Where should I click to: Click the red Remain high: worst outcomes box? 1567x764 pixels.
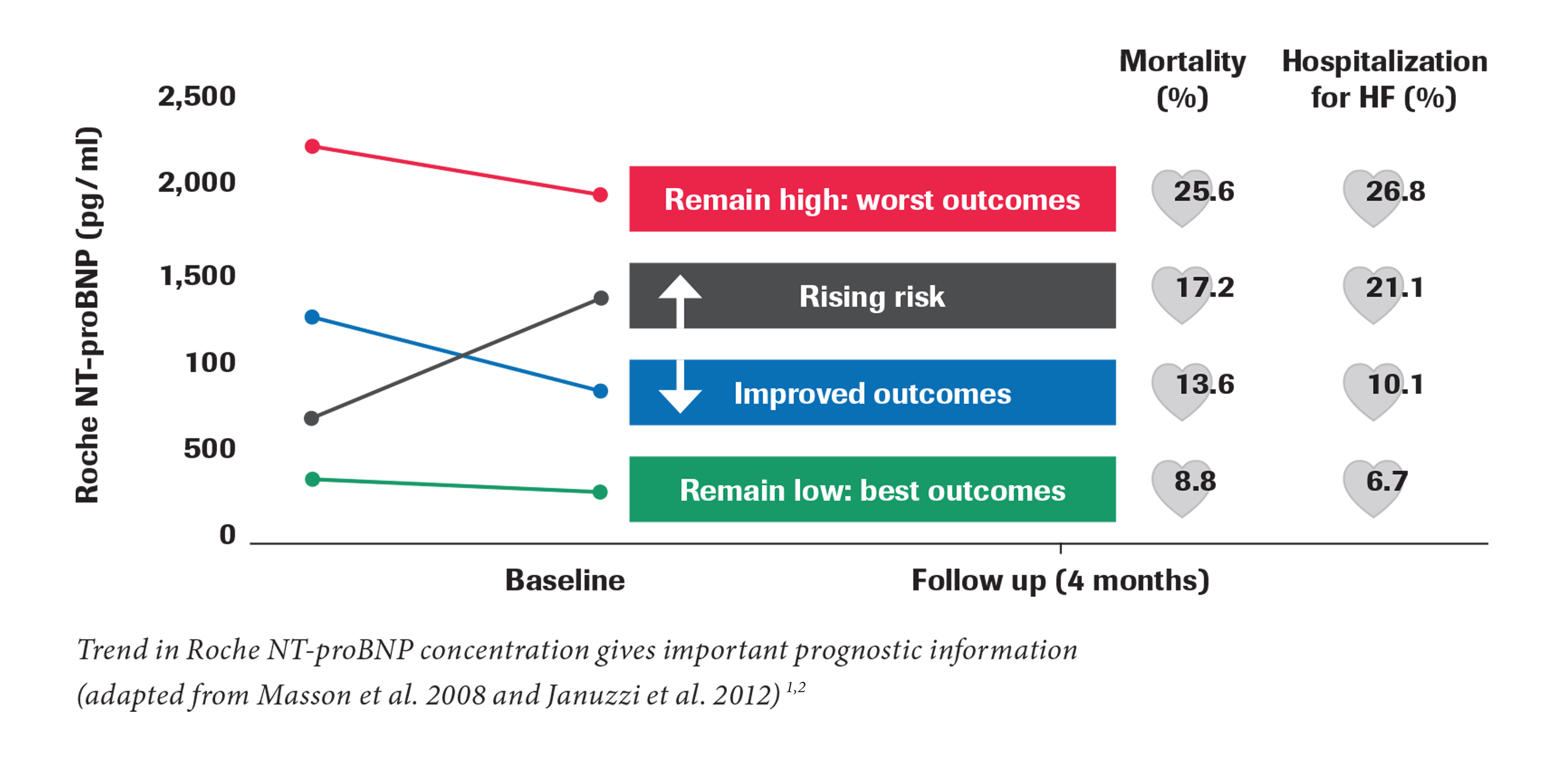point(872,199)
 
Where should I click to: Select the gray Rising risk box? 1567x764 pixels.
point(872,295)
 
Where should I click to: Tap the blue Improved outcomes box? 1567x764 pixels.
point(872,392)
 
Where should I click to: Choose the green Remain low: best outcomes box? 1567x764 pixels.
point(872,489)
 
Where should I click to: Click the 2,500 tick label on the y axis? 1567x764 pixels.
point(196,96)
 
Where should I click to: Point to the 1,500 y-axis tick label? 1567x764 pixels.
point(198,275)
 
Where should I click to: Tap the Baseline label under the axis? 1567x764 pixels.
point(565,580)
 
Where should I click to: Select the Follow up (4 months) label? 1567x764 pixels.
point(1060,580)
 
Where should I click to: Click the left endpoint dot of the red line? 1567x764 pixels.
point(312,146)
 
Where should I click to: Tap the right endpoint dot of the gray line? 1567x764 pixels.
point(601,298)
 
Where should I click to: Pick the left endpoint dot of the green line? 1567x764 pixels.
point(312,479)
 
